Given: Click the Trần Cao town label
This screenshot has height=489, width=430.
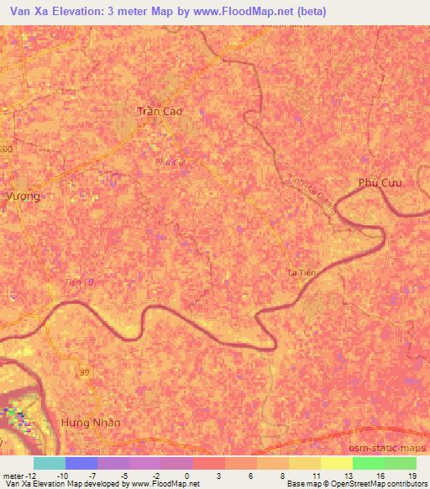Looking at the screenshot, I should tap(159, 111).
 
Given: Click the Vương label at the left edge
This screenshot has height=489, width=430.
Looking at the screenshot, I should tap(23, 195).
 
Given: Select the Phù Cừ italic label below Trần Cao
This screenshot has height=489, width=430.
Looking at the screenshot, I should tap(169, 163).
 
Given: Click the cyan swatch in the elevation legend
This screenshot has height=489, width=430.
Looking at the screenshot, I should tap(50, 463).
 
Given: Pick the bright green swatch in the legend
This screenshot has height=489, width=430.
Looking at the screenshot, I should tap(368, 463).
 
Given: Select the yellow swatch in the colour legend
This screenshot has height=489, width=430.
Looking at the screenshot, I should tap(304, 463).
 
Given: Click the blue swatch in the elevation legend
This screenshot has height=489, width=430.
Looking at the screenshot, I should tap(81, 463).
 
